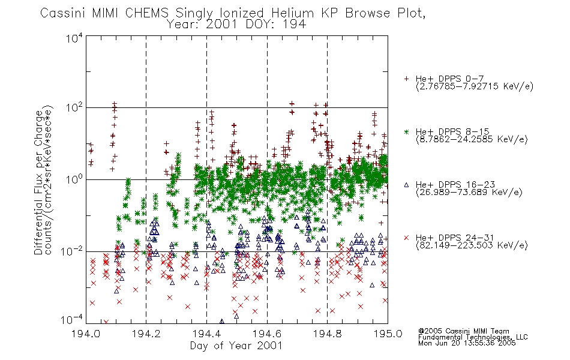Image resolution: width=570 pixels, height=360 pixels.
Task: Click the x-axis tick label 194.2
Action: click(x=146, y=334)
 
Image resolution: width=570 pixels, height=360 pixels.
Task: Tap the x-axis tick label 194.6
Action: click(x=267, y=334)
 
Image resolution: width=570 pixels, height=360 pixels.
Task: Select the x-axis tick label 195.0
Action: click(x=388, y=334)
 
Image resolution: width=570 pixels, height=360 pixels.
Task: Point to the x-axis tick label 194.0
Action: click(x=86, y=334)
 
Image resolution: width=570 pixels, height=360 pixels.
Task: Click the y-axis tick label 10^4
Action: click(x=74, y=38)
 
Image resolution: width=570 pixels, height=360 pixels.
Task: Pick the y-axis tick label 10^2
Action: click(x=74, y=108)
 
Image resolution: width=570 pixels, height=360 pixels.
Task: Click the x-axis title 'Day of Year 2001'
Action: click(x=236, y=346)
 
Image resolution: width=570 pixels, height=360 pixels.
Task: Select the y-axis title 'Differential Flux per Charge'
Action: click(x=38, y=182)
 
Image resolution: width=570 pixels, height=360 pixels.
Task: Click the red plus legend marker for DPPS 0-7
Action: click(x=406, y=79)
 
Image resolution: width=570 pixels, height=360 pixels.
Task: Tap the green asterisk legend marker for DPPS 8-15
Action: click(x=406, y=131)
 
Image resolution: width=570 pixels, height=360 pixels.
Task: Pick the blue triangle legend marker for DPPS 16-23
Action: click(x=406, y=185)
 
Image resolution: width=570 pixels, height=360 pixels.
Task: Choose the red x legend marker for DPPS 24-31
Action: click(x=406, y=238)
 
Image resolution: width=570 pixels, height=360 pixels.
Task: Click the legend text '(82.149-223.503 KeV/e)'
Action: click(x=472, y=245)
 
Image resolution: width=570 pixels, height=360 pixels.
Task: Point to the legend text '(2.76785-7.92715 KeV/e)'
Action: click(x=475, y=86)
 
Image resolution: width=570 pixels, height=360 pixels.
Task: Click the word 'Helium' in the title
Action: click(x=292, y=13)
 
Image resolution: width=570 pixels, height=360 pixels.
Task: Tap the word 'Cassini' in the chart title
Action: click(x=63, y=13)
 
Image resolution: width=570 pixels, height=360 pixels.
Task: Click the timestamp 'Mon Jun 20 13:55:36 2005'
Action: click(x=467, y=343)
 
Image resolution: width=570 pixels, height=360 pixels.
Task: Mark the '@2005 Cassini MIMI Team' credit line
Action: click(x=463, y=331)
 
